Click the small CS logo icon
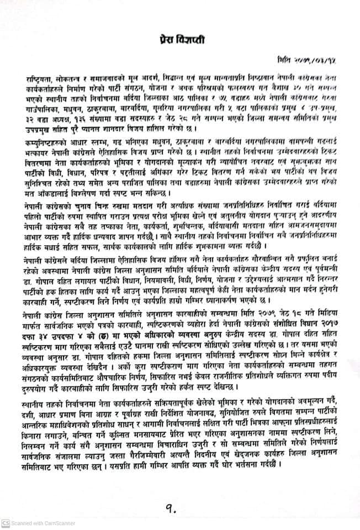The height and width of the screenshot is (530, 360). pyautogui.click(x=5, y=522)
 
